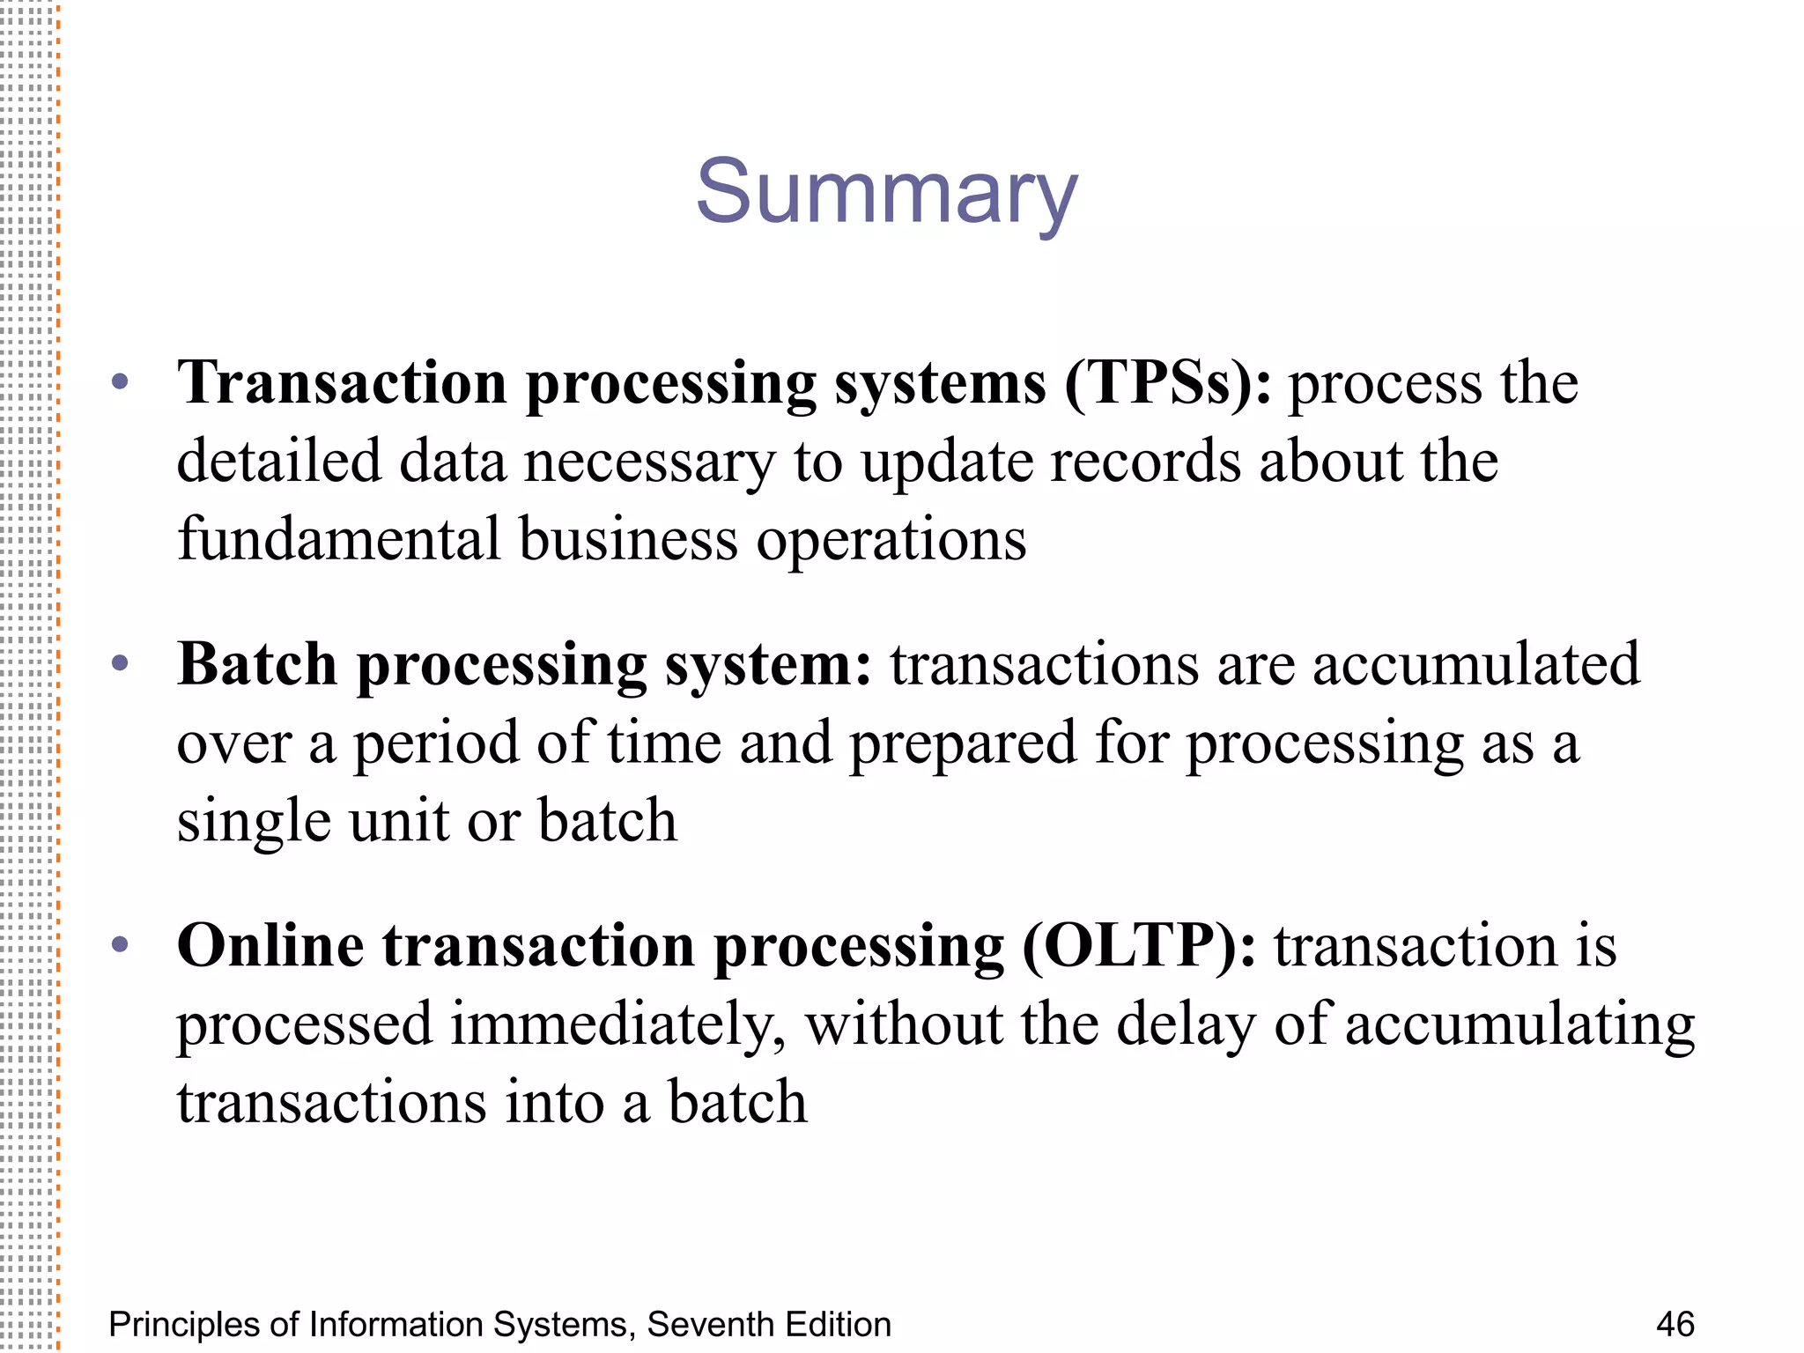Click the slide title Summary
[x=886, y=192]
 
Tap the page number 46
[x=1675, y=1324]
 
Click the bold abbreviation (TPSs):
[x=1168, y=384]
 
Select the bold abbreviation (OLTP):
[x=1139, y=947]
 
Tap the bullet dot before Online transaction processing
[x=121, y=945]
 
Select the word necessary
[x=649, y=462]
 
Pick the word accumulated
[x=1476, y=664]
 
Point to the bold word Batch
[x=257, y=664]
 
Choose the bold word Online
[x=270, y=946]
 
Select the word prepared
[x=963, y=743]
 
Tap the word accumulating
[x=1519, y=1024]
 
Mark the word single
[x=254, y=822]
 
